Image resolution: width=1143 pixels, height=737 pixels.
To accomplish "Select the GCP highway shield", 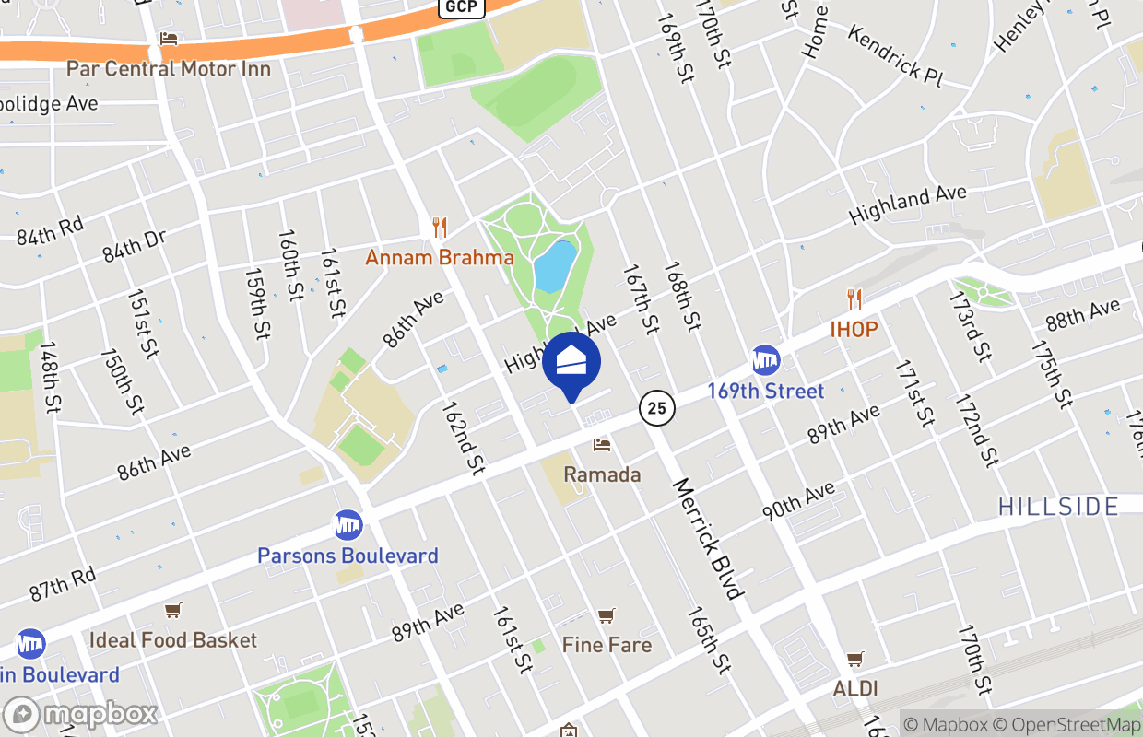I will (461, 7).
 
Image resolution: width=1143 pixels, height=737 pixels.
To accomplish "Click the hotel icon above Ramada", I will (602, 446).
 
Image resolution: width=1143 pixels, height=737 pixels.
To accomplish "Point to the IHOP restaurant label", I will (854, 329).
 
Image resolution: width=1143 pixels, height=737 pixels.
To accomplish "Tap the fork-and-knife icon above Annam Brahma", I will (440, 227).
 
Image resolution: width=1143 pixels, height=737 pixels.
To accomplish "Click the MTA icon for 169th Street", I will (766, 360).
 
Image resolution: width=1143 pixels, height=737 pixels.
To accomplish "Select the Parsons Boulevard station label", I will (348, 556).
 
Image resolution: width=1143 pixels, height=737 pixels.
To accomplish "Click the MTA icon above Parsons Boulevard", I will (348, 525).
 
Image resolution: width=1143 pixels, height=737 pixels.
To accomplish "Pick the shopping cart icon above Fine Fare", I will (606, 615).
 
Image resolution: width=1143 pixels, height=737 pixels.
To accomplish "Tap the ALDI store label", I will (855, 688).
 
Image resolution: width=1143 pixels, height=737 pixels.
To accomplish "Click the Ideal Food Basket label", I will (173, 639).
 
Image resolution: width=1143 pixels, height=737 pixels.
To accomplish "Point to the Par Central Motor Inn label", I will (169, 69).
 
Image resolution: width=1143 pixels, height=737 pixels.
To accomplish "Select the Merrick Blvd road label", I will (707, 539).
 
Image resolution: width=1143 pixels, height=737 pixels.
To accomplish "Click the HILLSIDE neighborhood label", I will (1058, 506).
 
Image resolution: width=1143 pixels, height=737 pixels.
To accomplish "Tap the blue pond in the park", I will (556, 267).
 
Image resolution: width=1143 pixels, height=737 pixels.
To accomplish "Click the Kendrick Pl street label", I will (894, 57).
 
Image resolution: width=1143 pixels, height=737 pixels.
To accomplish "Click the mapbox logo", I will (81, 715).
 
